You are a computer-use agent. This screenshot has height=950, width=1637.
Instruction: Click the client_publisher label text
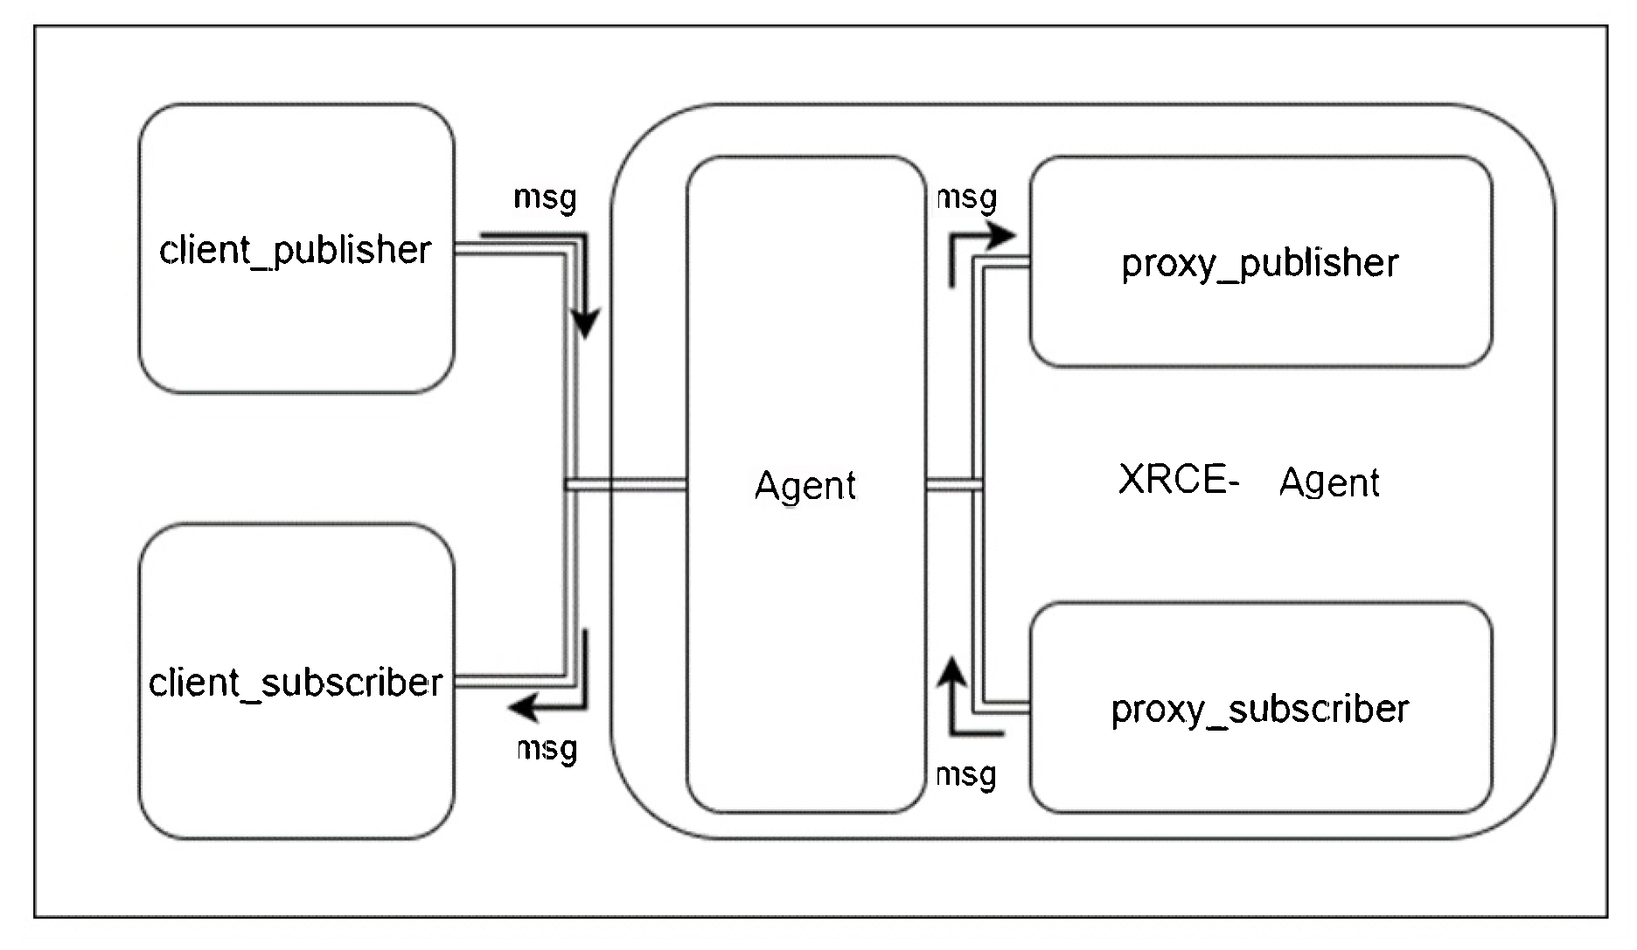[x=295, y=251]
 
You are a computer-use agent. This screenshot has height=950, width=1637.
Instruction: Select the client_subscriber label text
[x=296, y=683]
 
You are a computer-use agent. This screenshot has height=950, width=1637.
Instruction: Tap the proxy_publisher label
[x=1259, y=264]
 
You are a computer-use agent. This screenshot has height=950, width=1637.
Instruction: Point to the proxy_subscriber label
[x=1259, y=710]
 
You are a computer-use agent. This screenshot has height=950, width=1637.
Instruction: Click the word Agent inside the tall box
[x=805, y=486]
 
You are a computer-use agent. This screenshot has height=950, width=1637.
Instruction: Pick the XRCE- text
[x=1178, y=480]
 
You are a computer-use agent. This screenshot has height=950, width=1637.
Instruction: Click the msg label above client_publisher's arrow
[x=545, y=198]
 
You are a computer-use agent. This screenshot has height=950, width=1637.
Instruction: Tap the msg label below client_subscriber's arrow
[x=547, y=749]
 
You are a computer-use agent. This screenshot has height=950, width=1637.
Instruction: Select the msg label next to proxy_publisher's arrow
[x=967, y=198]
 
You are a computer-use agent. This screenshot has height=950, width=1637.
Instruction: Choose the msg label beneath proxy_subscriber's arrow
[x=965, y=775]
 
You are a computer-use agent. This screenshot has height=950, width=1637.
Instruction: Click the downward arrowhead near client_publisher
[x=585, y=324]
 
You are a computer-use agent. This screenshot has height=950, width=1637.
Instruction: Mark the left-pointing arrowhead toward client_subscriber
[x=524, y=706]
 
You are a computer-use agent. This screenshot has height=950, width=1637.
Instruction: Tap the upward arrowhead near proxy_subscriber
[x=951, y=671]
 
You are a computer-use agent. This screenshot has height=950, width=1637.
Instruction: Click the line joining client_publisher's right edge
[x=507, y=253]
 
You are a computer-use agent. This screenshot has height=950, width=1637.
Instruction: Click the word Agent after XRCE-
[x=1329, y=483]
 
